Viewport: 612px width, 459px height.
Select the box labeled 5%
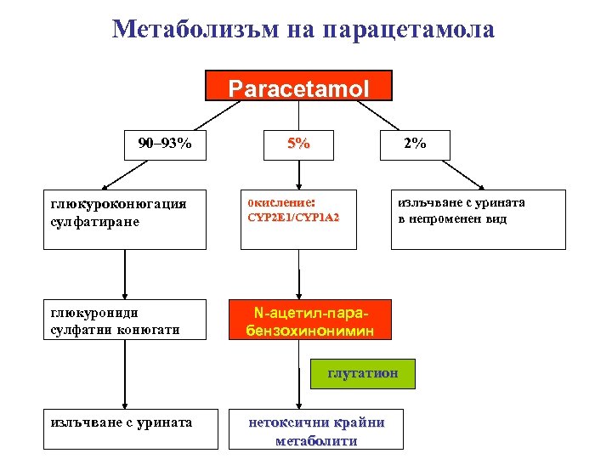click(x=297, y=144)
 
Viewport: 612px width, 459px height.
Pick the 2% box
click(x=415, y=144)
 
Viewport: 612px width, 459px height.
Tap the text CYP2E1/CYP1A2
click(x=293, y=218)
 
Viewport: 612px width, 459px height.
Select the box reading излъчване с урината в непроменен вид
click(x=478, y=218)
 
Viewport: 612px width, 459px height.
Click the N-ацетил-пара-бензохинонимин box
click(x=309, y=319)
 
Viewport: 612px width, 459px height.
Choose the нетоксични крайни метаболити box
click(x=316, y=430)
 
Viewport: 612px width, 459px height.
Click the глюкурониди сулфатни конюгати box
click(x=124, y=319)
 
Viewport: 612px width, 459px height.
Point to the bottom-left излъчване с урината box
click(x=124, y=422)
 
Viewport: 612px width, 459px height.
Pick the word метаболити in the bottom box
click(x=316, y=440)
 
